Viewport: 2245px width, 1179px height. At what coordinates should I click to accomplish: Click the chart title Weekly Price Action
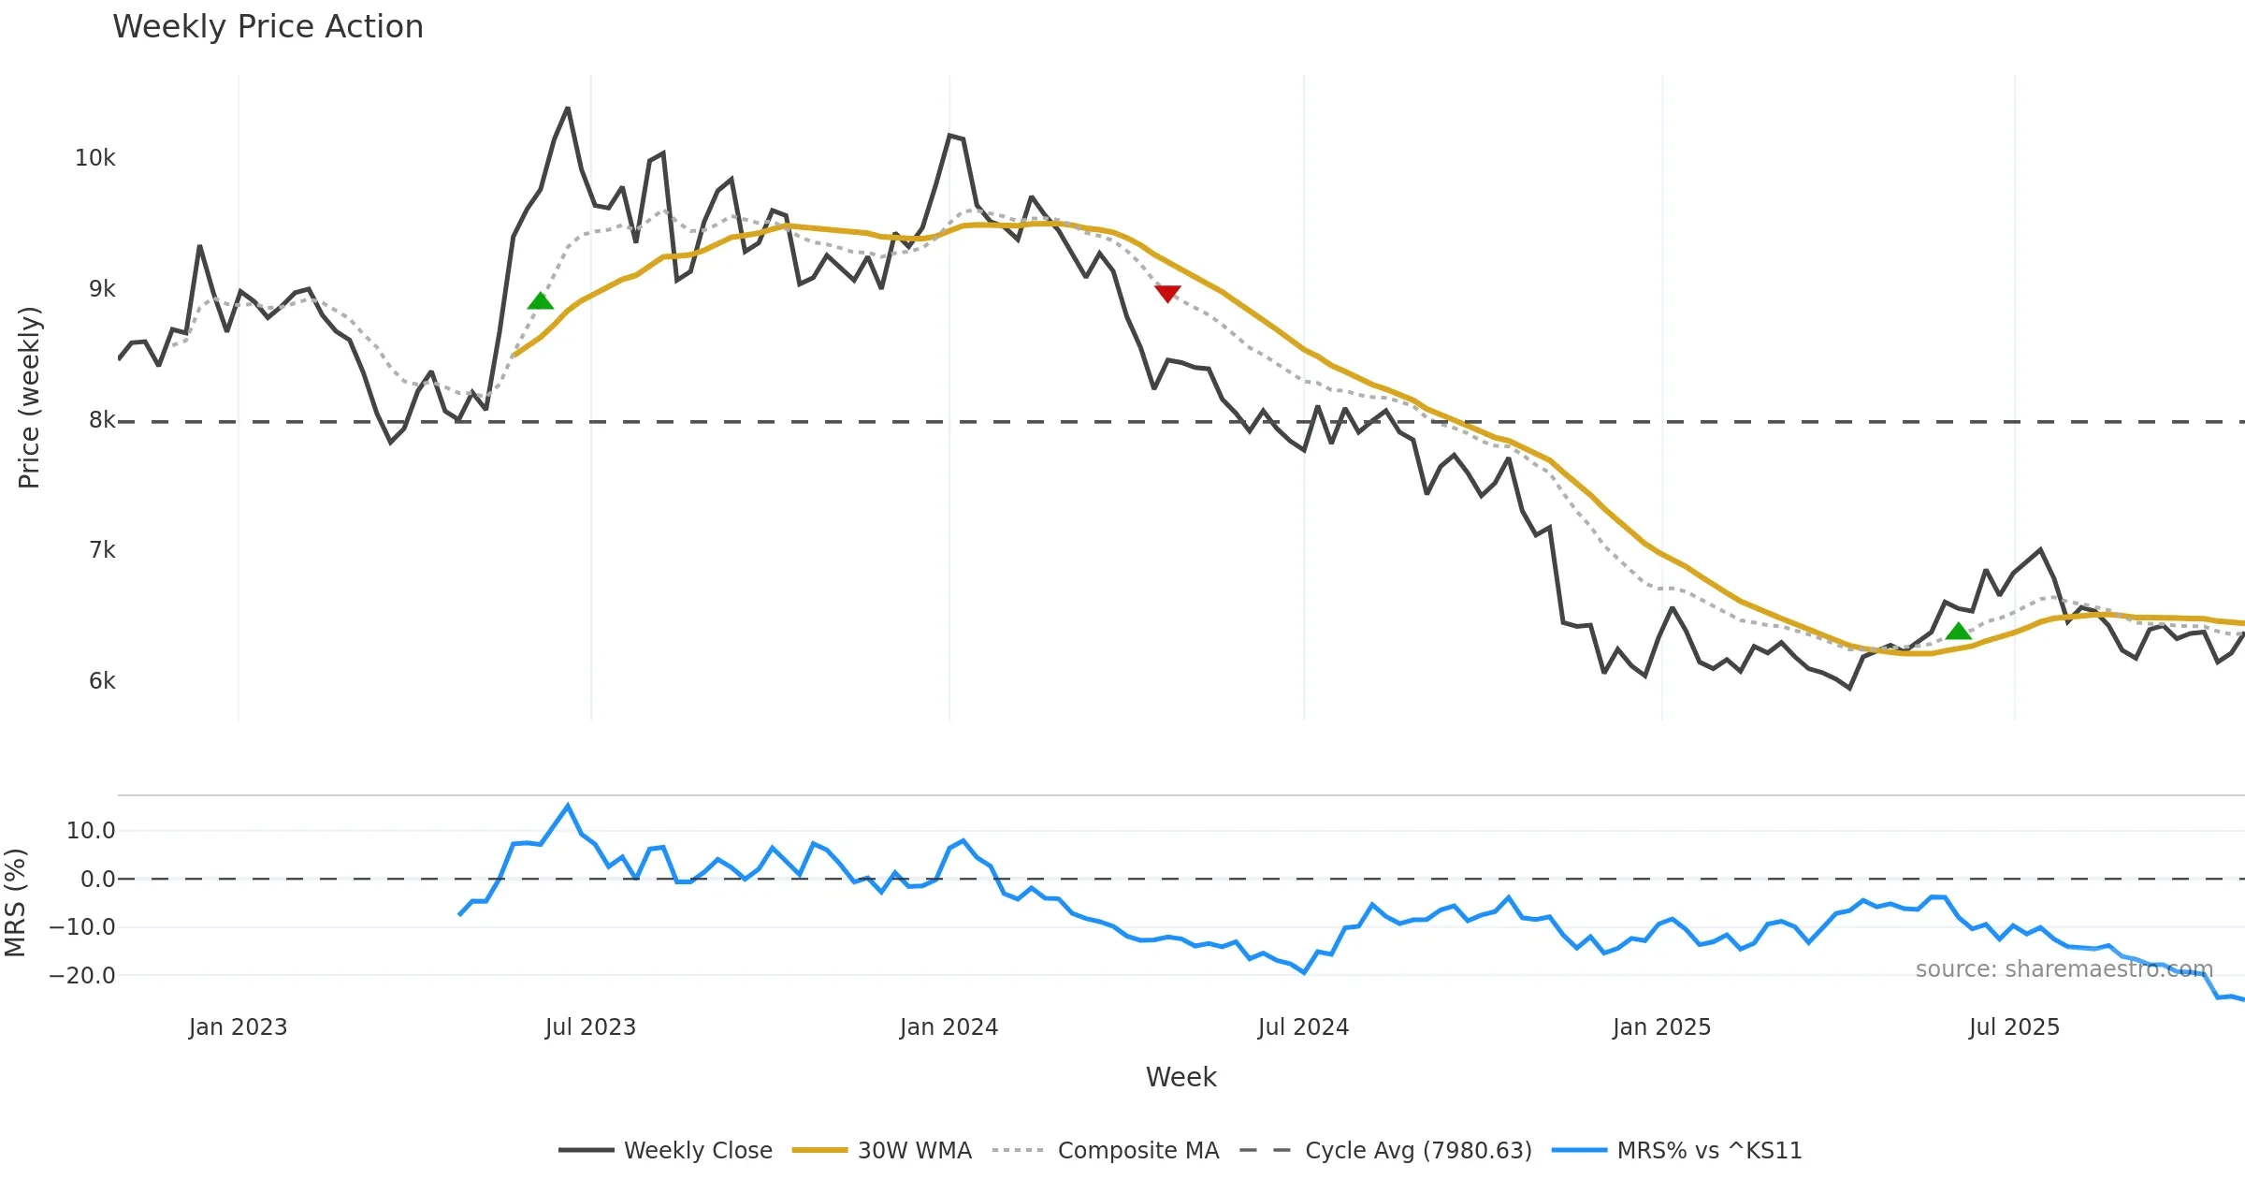[x=268, y=27]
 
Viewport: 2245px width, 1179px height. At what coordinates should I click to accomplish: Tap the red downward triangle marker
[x=1167, y=294]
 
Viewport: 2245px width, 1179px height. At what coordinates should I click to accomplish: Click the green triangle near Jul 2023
[x=541, y=301]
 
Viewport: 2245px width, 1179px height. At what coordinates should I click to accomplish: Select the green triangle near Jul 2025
[x=1958, y=632]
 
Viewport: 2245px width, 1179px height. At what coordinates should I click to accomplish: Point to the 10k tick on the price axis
[x=94, y=158]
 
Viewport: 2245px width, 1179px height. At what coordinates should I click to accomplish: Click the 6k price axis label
[x=102, y=681]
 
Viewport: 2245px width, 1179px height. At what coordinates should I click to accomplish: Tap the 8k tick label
[x=102, y=420]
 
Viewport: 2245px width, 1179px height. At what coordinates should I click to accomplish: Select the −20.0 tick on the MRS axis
[x=82, y=976]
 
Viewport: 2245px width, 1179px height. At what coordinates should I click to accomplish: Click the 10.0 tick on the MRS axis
[x=91, y=831]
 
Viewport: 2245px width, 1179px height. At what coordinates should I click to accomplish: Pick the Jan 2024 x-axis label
[x=949, y=1027]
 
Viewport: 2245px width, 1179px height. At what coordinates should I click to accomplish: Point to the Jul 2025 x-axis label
[x=2014, y=1027]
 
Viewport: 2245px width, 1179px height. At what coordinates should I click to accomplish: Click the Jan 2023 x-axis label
[x=238, y=1027]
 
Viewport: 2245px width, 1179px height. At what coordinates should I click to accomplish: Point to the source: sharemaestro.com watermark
[x=2064, y=969]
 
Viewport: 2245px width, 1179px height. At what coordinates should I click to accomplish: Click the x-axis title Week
[x=1180, y=1078]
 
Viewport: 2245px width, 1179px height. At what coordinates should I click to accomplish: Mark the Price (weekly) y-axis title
[x=29, y=398]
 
